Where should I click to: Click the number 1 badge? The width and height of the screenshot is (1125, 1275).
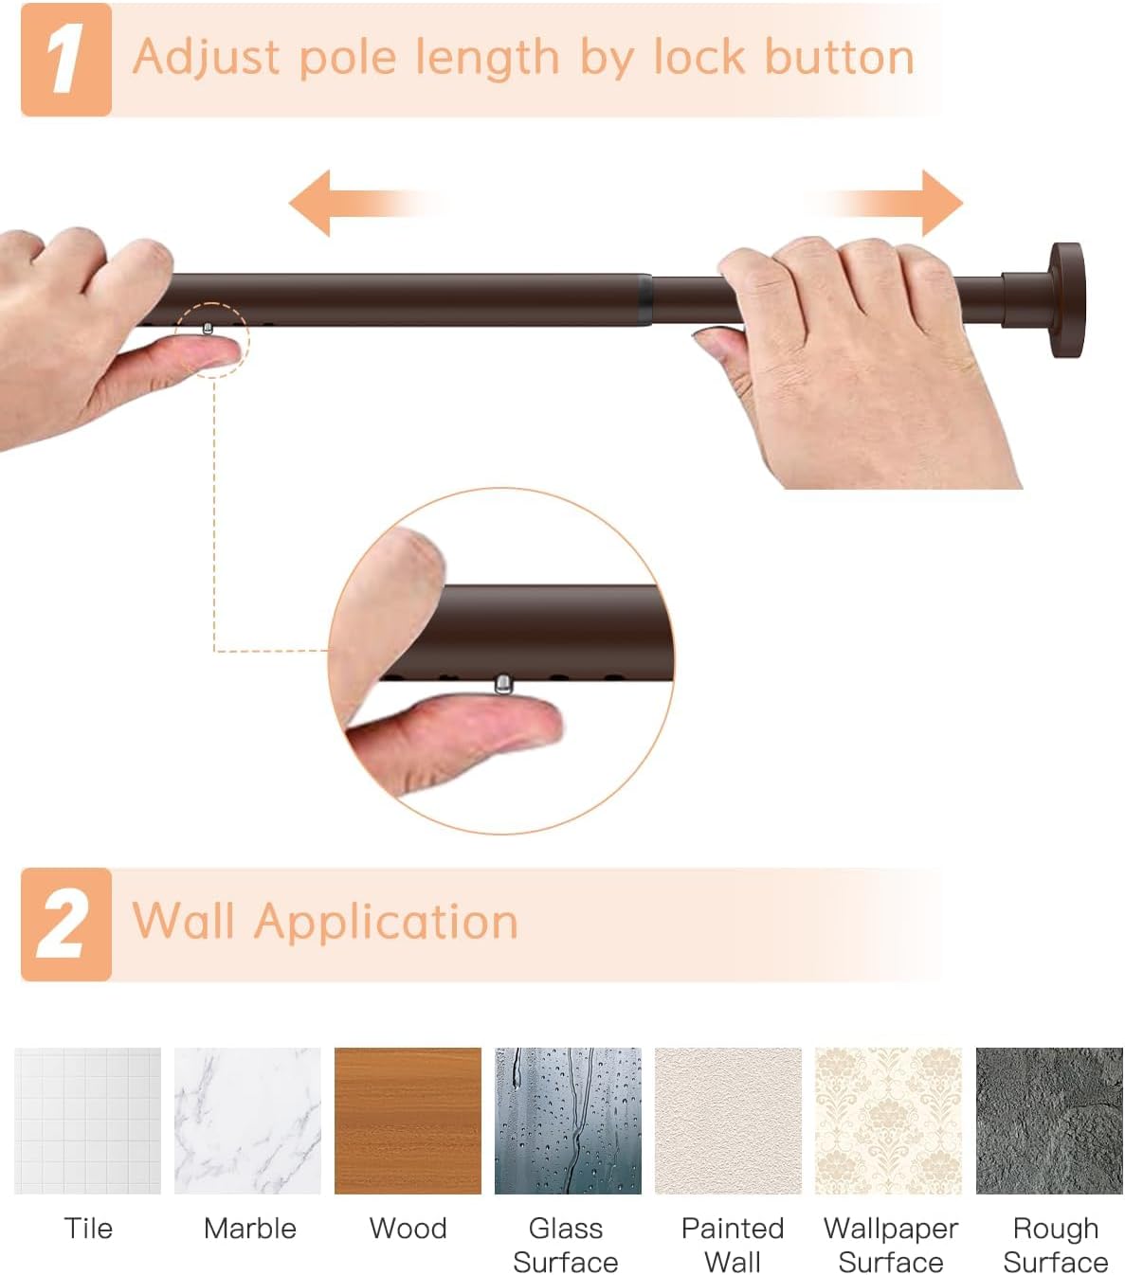(x=66, y=59)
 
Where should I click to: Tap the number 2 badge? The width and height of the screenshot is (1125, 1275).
(x=66, y=925)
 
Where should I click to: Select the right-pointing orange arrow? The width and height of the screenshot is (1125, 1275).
(x=883, y=203)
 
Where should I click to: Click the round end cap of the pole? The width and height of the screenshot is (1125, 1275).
(x=1066, y=300)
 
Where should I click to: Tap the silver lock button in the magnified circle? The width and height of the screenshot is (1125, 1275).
(x=502, y=683)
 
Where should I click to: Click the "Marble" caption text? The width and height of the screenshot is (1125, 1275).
(x=250, y=1229)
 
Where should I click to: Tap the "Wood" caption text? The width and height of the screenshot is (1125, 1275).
(x=408, y=1229)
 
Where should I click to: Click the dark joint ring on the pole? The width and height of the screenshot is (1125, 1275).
(x=644, y=299)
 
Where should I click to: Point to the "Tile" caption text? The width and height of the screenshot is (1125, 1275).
(x=88, y=1229)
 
